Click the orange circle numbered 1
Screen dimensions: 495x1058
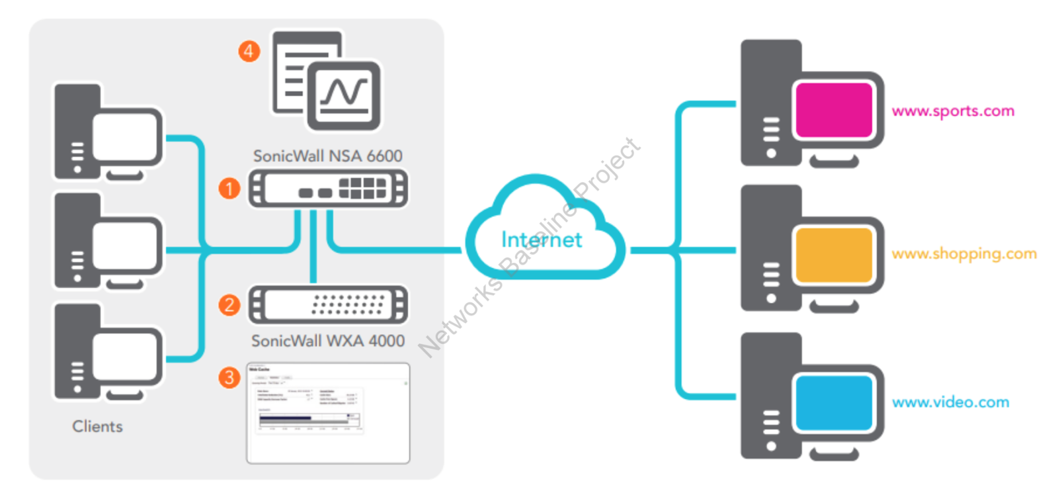point(229,189)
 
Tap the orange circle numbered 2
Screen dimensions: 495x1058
point(229,305)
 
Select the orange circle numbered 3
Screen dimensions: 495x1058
point(229,378)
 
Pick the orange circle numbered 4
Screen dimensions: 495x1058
point(249,51)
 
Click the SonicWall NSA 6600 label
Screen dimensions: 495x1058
point(327,156)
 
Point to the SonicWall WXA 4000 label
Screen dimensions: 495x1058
point(327,341)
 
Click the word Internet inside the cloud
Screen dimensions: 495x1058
point(541,240)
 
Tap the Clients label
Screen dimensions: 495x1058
point(97,426)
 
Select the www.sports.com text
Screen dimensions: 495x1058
point(952,111)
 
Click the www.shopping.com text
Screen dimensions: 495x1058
point(963,253)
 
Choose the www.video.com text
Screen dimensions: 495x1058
point(950,402)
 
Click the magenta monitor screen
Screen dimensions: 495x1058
point(834,109)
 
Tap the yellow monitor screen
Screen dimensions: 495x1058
point(834,255)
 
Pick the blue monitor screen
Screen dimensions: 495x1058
point(834,402)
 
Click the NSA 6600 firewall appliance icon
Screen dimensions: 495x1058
point(327,189)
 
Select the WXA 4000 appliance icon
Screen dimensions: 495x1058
point(327,305)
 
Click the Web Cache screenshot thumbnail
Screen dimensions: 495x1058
point(327,413)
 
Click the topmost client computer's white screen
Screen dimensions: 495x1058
point(126,138)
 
